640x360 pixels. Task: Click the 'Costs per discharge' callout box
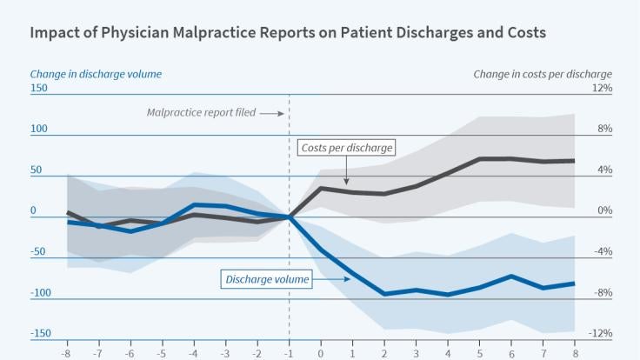pos(346,148)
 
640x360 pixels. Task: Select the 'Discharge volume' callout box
pos(267,279)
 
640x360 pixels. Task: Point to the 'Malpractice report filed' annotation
pos(201,113)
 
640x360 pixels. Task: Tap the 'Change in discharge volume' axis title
pos(96,74)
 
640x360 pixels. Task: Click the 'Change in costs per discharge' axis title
pos(543,74)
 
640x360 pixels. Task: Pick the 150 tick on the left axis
pos(39,89)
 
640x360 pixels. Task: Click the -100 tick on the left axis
pos(40,293)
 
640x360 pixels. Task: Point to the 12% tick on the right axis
pos(603,89)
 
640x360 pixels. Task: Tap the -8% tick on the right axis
pos(603,293)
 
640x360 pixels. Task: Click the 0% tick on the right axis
pos(603,211)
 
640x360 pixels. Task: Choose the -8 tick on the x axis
pos(67,354)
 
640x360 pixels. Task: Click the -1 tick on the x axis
pos(289,354)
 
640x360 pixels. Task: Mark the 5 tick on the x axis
pos(479,354)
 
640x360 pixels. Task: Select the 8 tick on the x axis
pos(574,354)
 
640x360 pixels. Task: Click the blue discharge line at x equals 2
pos(384,294)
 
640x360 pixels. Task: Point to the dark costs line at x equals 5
pos(479,159)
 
